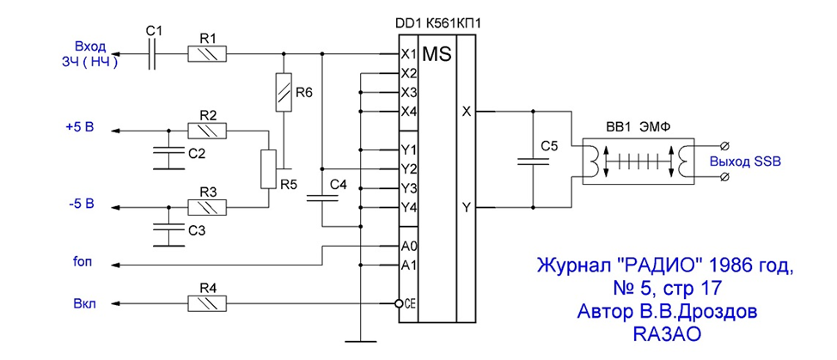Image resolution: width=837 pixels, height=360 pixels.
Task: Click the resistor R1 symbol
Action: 207,54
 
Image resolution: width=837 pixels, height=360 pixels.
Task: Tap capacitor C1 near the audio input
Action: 153,54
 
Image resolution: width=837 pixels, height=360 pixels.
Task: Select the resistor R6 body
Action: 284,92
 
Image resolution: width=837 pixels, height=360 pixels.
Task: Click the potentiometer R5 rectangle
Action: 268,169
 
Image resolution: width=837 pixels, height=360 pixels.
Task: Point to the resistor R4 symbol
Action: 207,303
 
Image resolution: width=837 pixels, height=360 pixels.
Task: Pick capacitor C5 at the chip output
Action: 534,161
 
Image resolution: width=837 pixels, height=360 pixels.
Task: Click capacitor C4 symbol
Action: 322,198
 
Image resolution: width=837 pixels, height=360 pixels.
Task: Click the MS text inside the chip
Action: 437,54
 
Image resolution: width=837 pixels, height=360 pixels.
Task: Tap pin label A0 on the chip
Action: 408,247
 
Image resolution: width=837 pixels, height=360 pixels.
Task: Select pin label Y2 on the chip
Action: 408,169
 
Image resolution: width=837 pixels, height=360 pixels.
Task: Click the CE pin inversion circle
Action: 398,303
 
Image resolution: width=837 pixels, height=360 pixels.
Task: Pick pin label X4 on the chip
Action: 408,112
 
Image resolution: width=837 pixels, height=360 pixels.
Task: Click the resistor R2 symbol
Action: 207,130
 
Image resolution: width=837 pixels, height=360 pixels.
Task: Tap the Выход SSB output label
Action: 745,162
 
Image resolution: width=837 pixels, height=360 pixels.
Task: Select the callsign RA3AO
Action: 666,334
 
